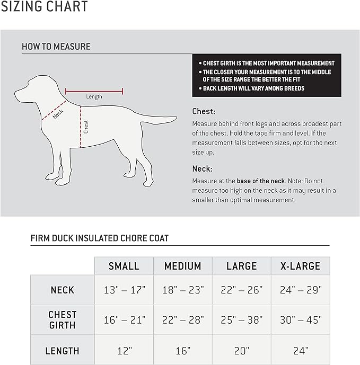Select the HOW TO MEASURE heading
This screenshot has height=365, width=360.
[56, 47]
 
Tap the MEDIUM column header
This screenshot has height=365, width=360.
[183, 266]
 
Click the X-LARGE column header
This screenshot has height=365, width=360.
[300, 266]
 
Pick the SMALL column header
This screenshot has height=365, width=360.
[124, 266]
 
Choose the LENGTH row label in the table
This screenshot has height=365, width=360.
[63, 351]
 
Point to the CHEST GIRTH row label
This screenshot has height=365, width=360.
[63, 320]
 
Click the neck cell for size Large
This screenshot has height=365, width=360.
[241, 290]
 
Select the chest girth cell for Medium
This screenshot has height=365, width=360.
[183, 320]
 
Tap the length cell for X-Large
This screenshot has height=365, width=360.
[300, 351]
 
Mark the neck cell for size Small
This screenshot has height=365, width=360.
[124, 290]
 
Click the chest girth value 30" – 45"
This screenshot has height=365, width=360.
[300, 320]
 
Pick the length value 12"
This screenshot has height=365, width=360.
[124, 351]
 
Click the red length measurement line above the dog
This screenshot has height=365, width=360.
[94, 91]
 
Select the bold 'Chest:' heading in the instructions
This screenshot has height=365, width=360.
[204, 112]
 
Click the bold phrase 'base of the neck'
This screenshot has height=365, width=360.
[260, 181]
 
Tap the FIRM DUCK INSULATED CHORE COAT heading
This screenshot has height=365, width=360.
[100, 238]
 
